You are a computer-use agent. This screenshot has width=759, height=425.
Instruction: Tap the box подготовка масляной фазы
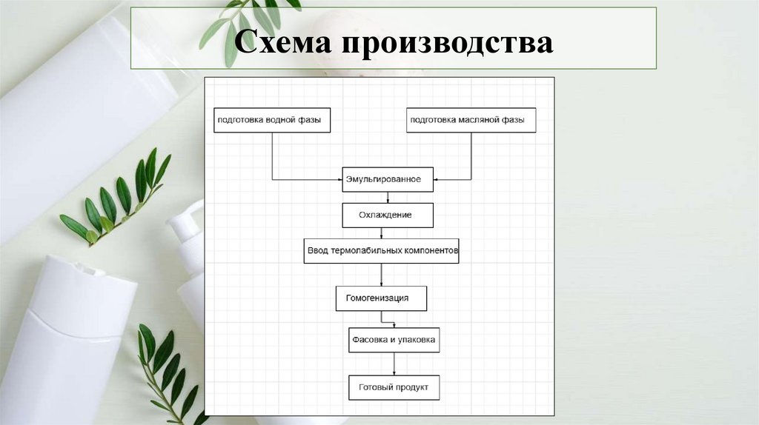pos(471,120)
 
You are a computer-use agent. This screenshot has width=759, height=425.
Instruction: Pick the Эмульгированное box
pos(388,179)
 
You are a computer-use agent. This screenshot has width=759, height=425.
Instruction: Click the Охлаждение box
pos(387,215)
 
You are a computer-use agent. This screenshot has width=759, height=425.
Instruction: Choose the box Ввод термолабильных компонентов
pos(382,250)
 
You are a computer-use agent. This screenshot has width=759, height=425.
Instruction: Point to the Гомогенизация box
pos(381,298)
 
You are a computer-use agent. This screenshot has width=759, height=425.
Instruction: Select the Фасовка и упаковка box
pos(394,340)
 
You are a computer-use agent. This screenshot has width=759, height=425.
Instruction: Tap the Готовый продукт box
pos(394,386)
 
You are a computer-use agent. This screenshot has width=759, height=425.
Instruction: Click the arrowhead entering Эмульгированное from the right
pos(437,180)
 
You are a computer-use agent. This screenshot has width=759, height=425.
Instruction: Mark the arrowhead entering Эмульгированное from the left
pos(339,180)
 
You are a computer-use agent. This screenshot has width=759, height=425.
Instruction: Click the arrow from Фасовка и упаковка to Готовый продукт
pos(394,364)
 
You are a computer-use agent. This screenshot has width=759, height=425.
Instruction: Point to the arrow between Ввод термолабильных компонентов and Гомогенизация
pos(382,274)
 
